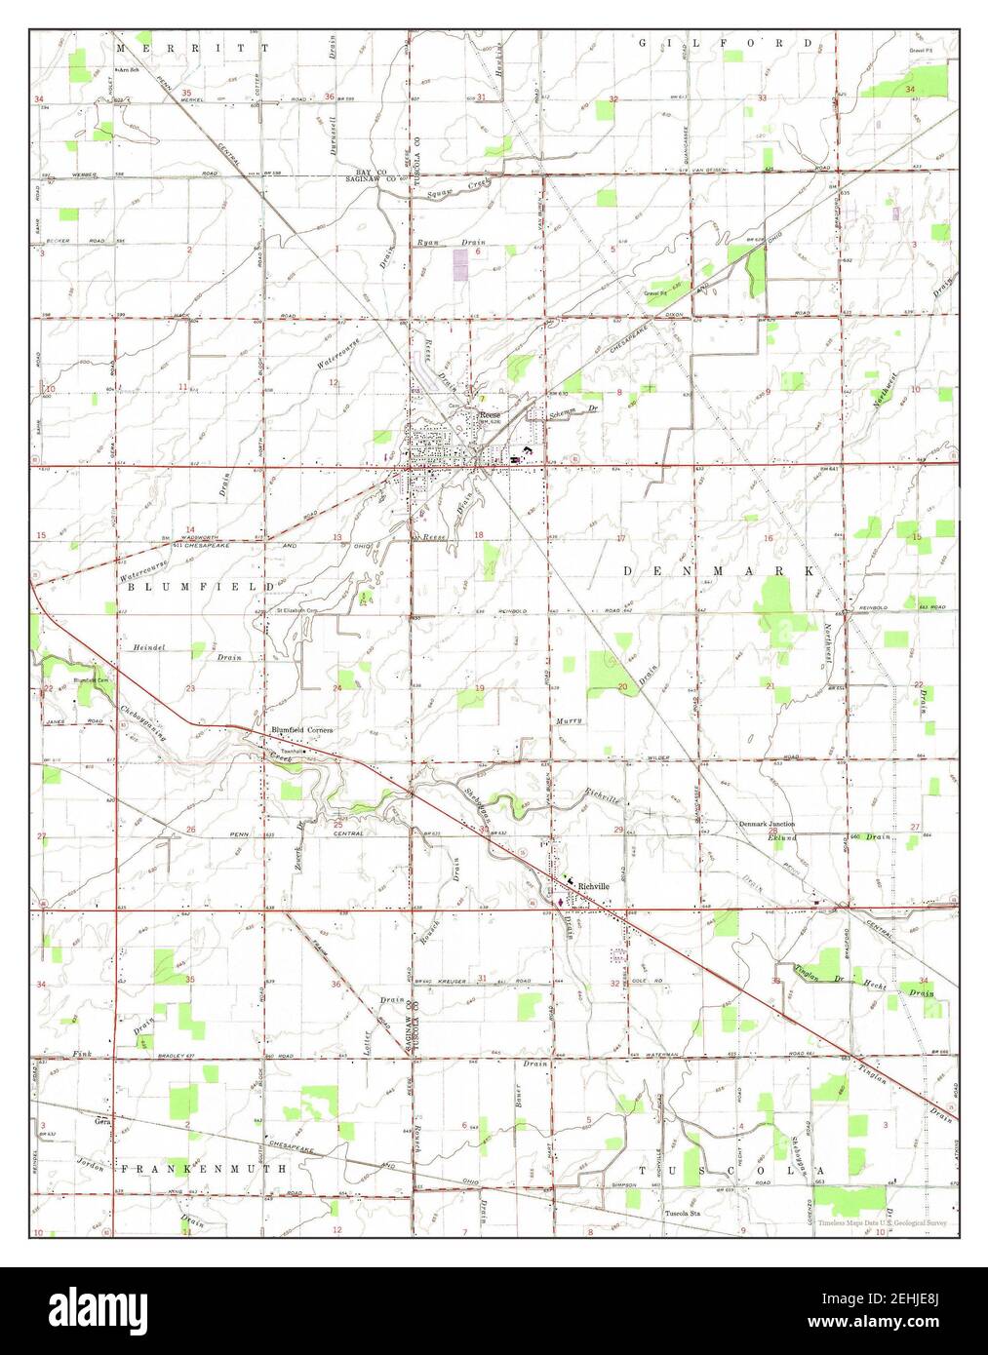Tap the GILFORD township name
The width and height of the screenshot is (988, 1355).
726,44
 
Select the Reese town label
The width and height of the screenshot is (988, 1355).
490,415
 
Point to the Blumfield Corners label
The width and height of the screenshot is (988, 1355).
302,729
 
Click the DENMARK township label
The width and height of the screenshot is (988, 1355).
719,569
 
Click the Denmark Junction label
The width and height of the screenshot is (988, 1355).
766,824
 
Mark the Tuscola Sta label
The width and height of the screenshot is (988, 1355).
684,1214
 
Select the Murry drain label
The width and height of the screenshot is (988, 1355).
569,720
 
